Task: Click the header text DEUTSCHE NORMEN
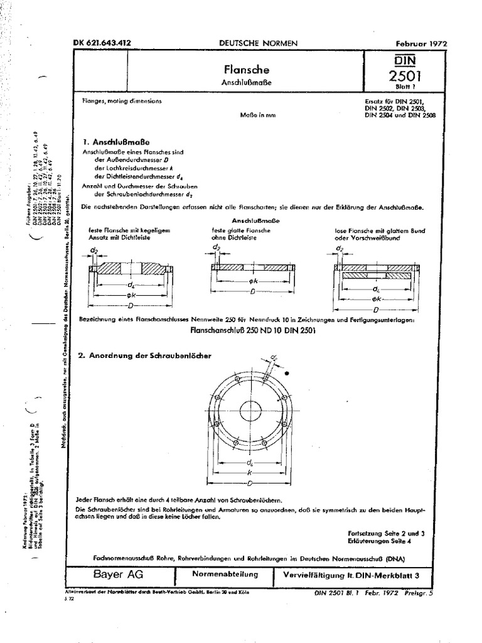pyautogui.click(x=257, y=43)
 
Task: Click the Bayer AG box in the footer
pyautogui.click(x=118, y=574)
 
